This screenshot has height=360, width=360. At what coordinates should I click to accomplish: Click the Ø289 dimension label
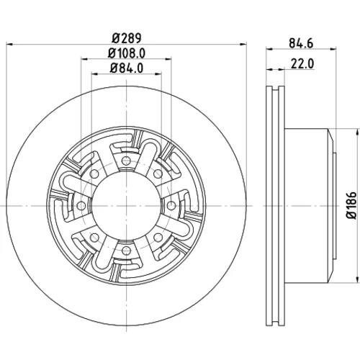(x=127, y=38)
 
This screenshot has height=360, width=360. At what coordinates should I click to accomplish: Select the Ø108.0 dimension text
(x=127, y=53)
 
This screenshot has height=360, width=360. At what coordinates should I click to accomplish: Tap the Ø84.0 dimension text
(x=127, y=68)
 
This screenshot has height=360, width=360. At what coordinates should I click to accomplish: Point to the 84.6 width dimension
(x=301, y=43)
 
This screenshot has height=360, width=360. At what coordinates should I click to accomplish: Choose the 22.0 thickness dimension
(x=302, y=64)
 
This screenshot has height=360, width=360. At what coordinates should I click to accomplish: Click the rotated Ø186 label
(x=351, y=205)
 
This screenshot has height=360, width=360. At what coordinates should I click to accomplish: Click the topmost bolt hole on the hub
(x=126, y=161)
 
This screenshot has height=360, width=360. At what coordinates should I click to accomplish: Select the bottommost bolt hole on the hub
(x=126, y=251)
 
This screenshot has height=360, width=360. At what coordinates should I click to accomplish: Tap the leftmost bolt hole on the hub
(x=81, y=205)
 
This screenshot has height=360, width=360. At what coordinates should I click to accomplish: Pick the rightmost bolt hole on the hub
(x=171, y=205)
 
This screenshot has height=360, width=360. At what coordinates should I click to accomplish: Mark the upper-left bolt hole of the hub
(x=94, y=174)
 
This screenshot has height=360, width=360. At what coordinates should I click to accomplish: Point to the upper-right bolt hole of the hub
(x=158, y=174)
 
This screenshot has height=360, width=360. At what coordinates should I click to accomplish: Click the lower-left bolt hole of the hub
(x=94, y=238)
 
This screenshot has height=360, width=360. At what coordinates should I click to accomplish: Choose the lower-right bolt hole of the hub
(x=158, y=238)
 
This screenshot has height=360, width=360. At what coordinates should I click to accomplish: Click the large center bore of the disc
(x=126, y=205)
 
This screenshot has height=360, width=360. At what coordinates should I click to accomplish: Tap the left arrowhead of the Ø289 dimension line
(x=9, y=44)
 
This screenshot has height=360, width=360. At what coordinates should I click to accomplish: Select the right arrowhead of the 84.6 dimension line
(x=333, y=49)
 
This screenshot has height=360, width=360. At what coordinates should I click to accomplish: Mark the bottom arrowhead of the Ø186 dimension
(x=356, y=279)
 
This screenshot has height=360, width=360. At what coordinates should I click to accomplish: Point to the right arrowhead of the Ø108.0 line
(x=168, y=58)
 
